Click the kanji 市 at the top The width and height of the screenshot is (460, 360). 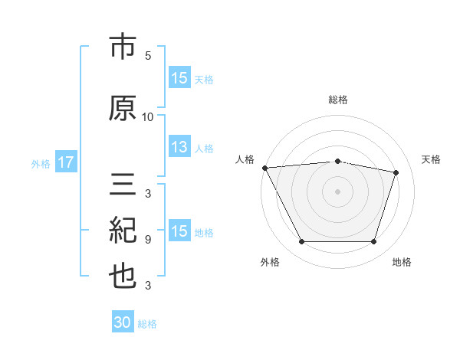click(x=123, y=46)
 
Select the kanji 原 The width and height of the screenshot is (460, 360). click(x=123, y=108)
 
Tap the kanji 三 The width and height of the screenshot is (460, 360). click(x=123, y=184)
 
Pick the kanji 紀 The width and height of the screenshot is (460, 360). click(x=123, y=230)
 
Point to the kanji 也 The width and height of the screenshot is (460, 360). click(x=123, y=277)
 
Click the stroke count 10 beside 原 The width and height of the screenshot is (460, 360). click(x=147, y=117)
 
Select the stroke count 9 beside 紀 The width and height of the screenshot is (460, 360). click(x=148, y=240)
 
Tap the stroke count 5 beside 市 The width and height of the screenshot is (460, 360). click(x=148, y=56)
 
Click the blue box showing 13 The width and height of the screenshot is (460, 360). click(x=179, y=146)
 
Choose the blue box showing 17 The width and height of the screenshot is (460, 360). click(x=66, y=162)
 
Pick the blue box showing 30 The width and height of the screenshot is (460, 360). click(x=123, y=321)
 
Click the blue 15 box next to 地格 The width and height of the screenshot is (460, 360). click(x=179, y=230)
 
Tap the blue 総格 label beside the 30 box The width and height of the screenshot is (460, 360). click(x=147, y=324)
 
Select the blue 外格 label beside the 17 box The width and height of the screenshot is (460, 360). click(x=41, y=164)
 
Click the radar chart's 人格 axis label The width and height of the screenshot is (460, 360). click(x=245, y=159)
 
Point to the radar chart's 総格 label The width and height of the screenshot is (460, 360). click(x=338, y=100)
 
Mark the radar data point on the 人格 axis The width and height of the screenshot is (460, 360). click(x=265, y=168)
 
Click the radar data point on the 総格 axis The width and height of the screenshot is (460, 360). click(x=337, y=162)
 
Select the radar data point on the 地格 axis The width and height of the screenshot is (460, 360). click(x=373, y=241)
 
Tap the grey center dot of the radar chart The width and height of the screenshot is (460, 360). click(x=337, y=191)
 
